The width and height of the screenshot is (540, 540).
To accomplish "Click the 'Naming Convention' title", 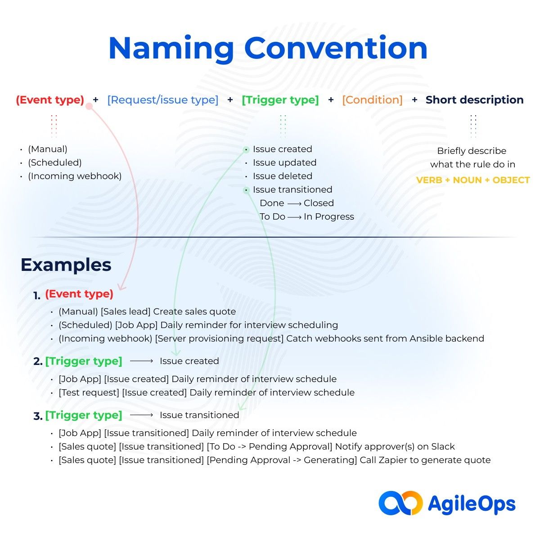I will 268,48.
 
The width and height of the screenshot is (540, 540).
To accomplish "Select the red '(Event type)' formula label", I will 50,100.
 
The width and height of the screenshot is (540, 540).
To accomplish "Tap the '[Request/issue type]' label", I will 162,100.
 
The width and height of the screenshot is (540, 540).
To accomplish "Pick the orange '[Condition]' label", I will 372,100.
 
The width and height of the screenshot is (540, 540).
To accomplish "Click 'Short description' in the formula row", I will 474,100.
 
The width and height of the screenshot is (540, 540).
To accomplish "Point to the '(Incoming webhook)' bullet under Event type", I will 75,176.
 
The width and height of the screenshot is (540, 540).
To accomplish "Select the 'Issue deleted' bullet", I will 282,176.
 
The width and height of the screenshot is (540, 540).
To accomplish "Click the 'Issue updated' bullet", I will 284,162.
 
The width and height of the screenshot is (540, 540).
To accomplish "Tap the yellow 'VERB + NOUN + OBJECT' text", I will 472,180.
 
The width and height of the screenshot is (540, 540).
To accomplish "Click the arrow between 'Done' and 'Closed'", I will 294,203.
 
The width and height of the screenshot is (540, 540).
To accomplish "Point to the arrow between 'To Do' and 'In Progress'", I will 294,217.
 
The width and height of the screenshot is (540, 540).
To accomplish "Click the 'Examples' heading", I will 66,265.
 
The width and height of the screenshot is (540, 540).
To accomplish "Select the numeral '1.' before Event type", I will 37,296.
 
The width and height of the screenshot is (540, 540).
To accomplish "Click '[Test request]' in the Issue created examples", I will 89,392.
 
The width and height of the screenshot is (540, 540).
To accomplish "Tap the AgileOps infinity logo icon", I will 400,503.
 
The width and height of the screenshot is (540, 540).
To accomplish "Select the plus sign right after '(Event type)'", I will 95,100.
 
